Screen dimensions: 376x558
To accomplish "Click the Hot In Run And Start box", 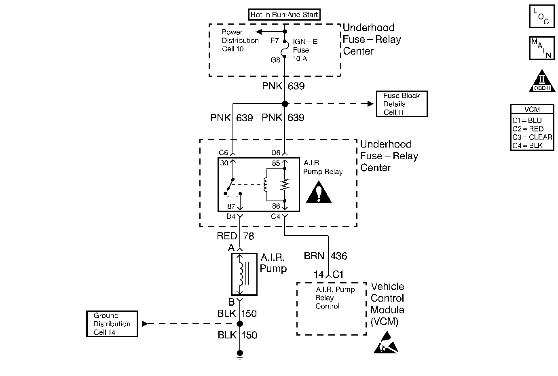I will [284, 15].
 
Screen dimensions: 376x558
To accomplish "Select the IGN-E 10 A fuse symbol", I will [285, 49].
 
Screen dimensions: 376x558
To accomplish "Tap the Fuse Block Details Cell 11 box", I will [402, 104].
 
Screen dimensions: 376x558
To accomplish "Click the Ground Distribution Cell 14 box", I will [112, 324].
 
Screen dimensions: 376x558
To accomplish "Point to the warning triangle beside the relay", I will [319, 193].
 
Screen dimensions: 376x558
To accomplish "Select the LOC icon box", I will [542, 17].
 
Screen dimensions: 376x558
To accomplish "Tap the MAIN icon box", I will [542, 48].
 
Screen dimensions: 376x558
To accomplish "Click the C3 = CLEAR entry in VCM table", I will [532, 137].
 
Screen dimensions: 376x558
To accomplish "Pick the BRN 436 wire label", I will [325, 256].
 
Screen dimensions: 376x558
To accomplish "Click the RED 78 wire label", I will [235, 236].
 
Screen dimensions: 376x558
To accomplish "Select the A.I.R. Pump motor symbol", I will [244, 274].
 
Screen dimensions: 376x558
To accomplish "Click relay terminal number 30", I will [224, 163].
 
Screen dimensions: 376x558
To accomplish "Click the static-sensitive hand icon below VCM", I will [386, 343].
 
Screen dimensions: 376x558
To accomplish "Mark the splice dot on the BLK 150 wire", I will [240, 323].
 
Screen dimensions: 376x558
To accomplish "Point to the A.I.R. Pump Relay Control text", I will [335, 298].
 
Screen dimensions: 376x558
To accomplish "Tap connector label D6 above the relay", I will [276, 153].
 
